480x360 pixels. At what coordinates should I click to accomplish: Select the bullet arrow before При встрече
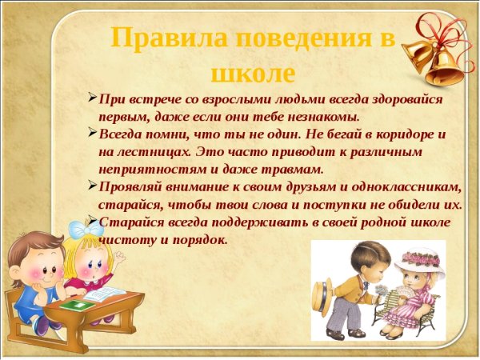[x=93, y=99]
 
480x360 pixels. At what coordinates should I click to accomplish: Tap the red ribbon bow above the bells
[x=436, y=24]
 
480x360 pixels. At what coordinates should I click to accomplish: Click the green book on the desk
[x=76, y=306]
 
